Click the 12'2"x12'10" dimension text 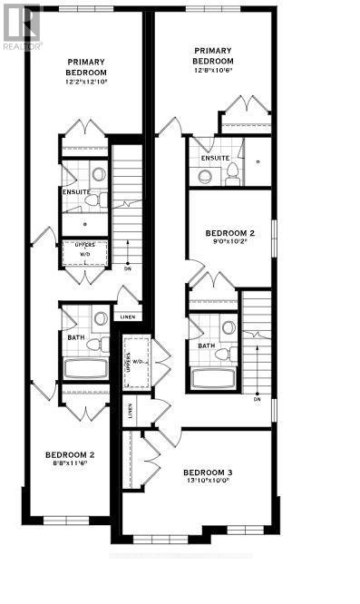86,82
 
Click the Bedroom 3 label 208,472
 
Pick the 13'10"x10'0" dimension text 208,482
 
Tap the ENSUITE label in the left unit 75,192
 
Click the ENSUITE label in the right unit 215,158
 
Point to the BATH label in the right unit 207,346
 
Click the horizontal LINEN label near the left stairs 128,317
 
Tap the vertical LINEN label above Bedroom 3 131,412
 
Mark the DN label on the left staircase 128,269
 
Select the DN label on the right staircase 258,398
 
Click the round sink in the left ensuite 99,174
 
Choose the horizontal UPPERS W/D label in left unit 86,249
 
